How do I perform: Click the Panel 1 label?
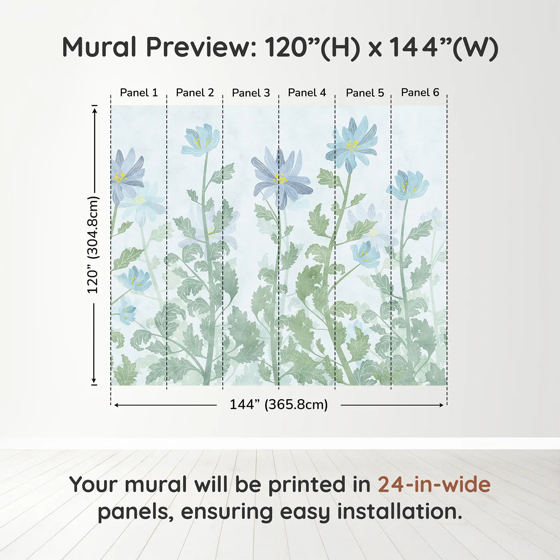click(139, 93)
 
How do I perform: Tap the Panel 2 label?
click(195, 93)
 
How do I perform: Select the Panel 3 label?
click(251, 93)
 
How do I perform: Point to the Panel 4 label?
click(307, 93)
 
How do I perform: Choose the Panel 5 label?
click(365, 93)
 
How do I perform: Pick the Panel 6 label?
click(420, 92)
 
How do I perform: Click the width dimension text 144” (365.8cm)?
click(278, 404)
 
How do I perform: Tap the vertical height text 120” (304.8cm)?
click(93, 245)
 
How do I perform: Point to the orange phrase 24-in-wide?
click(434, 484)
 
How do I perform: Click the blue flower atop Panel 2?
click(201, 140)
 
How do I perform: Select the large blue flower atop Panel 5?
click(352, 143)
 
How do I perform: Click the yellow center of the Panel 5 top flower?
click(352, 145)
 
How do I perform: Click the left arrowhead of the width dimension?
click(116, 405)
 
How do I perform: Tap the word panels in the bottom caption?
click(135, 512)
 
